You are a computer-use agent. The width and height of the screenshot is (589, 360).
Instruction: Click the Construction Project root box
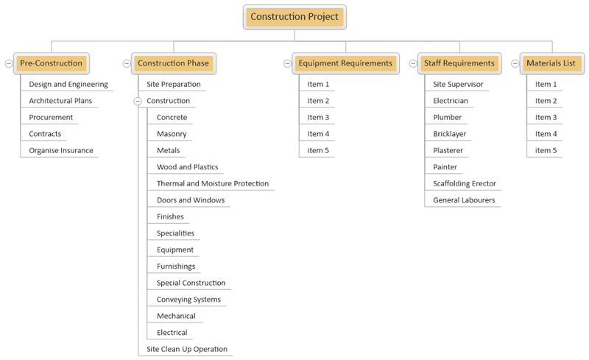(294, 17)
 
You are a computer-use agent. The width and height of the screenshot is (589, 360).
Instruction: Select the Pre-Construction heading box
(52, 63)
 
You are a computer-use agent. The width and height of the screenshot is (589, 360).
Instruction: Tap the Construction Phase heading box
(173, 63)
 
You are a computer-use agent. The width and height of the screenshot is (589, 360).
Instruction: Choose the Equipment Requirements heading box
(345, 63)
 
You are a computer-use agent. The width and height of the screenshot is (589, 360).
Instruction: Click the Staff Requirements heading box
(459, 63)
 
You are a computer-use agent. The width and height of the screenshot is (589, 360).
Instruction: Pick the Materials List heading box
(551, 63)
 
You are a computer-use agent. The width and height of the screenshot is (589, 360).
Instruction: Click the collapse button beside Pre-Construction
(9, 63)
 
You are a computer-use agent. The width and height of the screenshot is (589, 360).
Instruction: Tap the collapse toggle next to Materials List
(515, 63)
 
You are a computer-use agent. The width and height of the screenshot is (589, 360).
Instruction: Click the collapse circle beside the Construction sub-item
(138, 101)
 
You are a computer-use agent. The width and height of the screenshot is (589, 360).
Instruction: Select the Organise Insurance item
(61, 150)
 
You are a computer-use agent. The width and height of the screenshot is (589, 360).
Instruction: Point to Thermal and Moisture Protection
(213, 183)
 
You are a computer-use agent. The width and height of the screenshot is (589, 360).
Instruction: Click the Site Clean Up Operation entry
(187, 349)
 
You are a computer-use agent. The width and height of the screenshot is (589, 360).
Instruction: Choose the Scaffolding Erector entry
(465, 183)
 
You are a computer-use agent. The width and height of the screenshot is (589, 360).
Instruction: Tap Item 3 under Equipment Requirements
(318, 117)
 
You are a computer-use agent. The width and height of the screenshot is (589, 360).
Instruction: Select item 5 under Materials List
(546, 150)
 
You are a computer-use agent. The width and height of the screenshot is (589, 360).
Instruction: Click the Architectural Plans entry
(60, 101)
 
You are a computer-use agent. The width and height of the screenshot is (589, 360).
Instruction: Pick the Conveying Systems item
(188, 300)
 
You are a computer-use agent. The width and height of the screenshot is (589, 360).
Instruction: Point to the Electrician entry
(451, 101)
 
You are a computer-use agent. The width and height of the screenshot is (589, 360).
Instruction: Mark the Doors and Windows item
(191, 200)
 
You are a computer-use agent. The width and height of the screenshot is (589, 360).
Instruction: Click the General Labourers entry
(464, 200)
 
